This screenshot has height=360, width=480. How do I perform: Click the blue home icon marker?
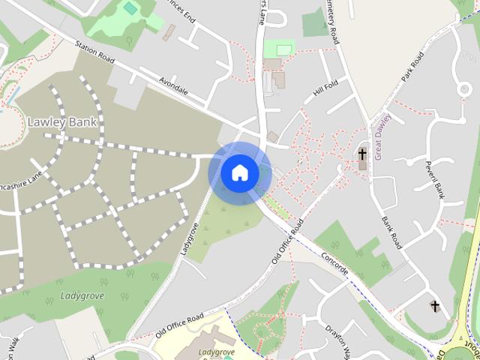239,172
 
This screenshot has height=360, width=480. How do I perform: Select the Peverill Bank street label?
434,180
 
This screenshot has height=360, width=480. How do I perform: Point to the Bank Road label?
392,232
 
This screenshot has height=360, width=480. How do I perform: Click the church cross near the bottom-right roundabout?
435,306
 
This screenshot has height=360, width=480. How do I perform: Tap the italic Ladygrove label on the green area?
82,295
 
